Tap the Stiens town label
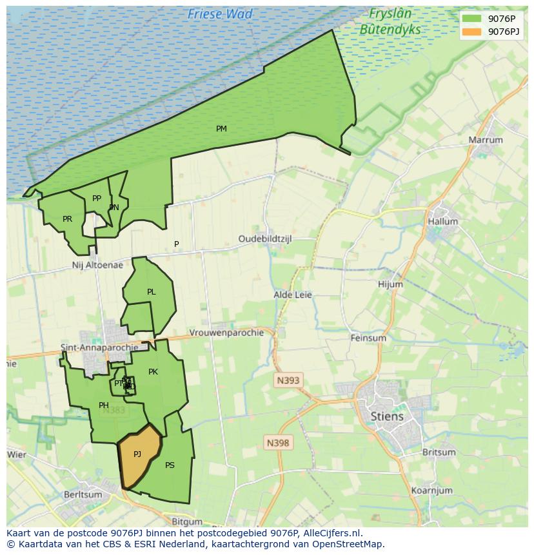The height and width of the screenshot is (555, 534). (x=387, y=416)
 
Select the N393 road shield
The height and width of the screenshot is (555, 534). (x=288, y=380)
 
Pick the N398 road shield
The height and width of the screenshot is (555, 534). (x=278, y=443)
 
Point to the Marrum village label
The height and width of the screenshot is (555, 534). (x=486, y=140)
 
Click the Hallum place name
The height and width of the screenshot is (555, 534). (x=442, y=221)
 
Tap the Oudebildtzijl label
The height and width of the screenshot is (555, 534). (x=265, y=239)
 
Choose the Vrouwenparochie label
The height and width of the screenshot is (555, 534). (x=226, y=333)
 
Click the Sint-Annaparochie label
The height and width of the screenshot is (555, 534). (x=99, y=347)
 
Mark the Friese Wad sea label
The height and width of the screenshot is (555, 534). (x=220, y=14)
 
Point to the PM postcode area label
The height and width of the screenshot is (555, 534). (x=221, y=129)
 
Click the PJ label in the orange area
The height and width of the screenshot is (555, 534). (x=137, y=454)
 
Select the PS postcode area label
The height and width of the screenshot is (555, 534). (x=170, y=465)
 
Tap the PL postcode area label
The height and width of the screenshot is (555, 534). (x=151, y=292)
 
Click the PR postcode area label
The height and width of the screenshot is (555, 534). (x=67, y=219)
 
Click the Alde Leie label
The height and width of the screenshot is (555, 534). (x=293, y=295)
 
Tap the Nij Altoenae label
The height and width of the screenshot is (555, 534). (x=97, y=265)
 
